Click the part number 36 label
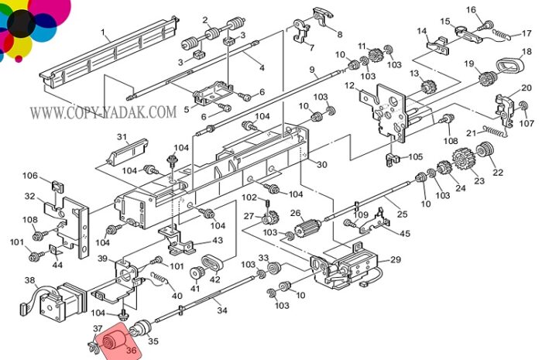pyautogui.click(x=132, y=351)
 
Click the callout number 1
pyautogui.click(x=103, y=33)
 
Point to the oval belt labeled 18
pyautogui.click(x=509, y=65)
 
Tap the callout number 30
pyautogui.click(x=321, y=164)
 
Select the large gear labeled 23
pyautogui.click(x=463, y=159)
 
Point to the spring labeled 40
pyautogui.click(x=160, y=279)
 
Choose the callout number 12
pyautogui.click(x=350, y=85)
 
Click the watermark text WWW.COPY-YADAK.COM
pyautogui.click(x=103, y=112)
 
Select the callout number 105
pyautogui.click(x=416, y=156)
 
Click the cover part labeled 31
pyautogui.click(x=128, y=151)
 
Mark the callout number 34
pyautogui.click(x=222, y=310)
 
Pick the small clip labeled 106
pyautogui.click(x=58, y=186)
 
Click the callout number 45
pyautogui.click(x=405, y=233)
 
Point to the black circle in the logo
pyautogui.click(x=22, y=23)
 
